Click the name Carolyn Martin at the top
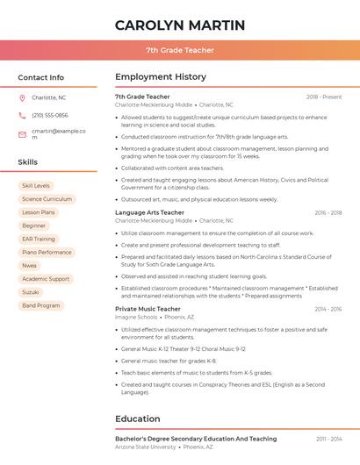tap(180, 25)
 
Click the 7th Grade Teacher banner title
tap(180, 50)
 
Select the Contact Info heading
tap(40, 77)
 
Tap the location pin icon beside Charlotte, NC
tap(22, 97)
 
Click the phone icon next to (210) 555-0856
tap(22, 115)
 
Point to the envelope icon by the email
tap(22, 134)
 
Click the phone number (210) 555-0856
tap(50, 115)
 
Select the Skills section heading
tap(27, 162)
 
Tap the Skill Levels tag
tap(36, 186)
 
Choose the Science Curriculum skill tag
tap(47, 199)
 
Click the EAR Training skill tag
tap(39, 239)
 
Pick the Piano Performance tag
tap(47, 252)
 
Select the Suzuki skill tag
tap(31, 292)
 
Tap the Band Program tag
tap(41, 305)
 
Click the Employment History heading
tap(161, 77)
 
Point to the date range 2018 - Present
tap(324, 97)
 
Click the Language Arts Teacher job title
tap(149, 212)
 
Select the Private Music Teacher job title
tap(148, 309)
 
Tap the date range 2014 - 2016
tap(328, 309)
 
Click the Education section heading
tap(137, 418)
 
